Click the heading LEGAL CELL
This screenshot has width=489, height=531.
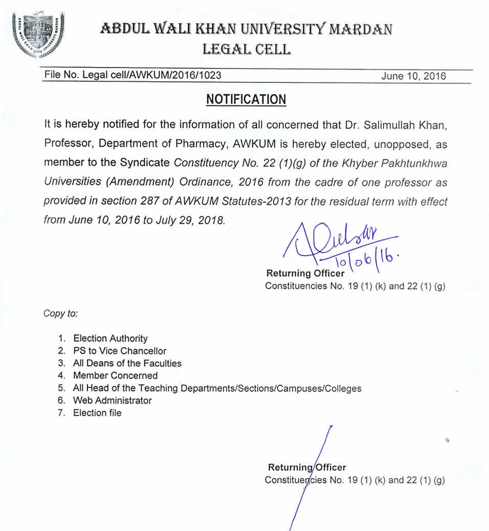(247, 49)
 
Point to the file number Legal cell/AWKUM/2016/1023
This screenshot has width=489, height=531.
(133, 76)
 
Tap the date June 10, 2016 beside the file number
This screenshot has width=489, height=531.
(413, 76)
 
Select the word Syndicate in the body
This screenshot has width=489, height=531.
(145, 163)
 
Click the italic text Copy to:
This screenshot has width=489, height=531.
(60, 313)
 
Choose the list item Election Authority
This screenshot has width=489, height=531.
(110, 338)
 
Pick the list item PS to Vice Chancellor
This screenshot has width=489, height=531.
(120, 351)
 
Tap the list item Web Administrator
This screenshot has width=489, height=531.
(113, 401)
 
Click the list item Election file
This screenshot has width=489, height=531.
(97, 413)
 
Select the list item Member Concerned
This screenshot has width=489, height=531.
(116, 375)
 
